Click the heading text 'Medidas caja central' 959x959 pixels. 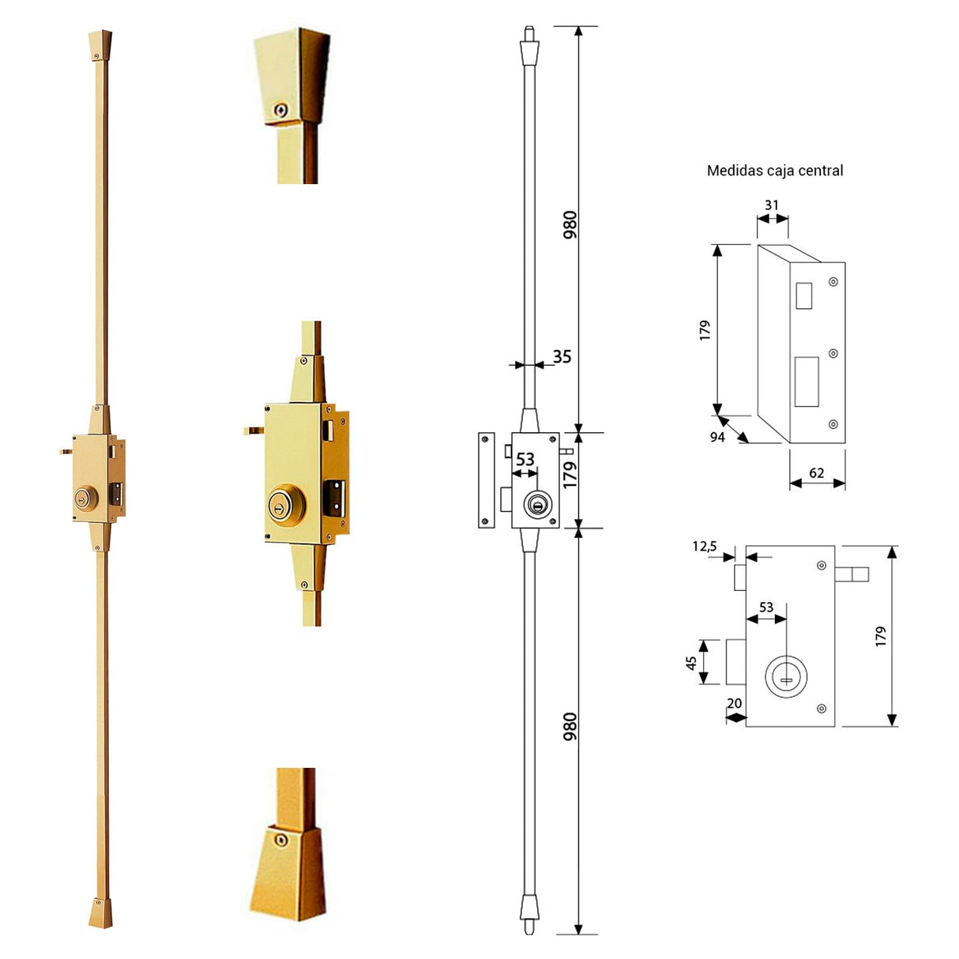774,171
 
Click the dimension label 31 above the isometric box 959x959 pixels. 772,205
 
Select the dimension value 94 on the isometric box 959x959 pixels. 717,437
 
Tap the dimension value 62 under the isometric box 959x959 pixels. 817,473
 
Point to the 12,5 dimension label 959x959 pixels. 705,546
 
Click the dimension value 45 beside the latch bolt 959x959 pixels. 692,663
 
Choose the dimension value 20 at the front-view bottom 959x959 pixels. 735,703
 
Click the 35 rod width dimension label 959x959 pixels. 562,357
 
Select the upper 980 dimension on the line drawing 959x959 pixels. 570,225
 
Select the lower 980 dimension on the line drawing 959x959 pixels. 570,727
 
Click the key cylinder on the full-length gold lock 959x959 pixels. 82,498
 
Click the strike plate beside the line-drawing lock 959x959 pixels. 487,479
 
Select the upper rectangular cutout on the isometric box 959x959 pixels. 804,295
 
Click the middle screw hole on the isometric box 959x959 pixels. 833,354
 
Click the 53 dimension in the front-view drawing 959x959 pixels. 766,607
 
